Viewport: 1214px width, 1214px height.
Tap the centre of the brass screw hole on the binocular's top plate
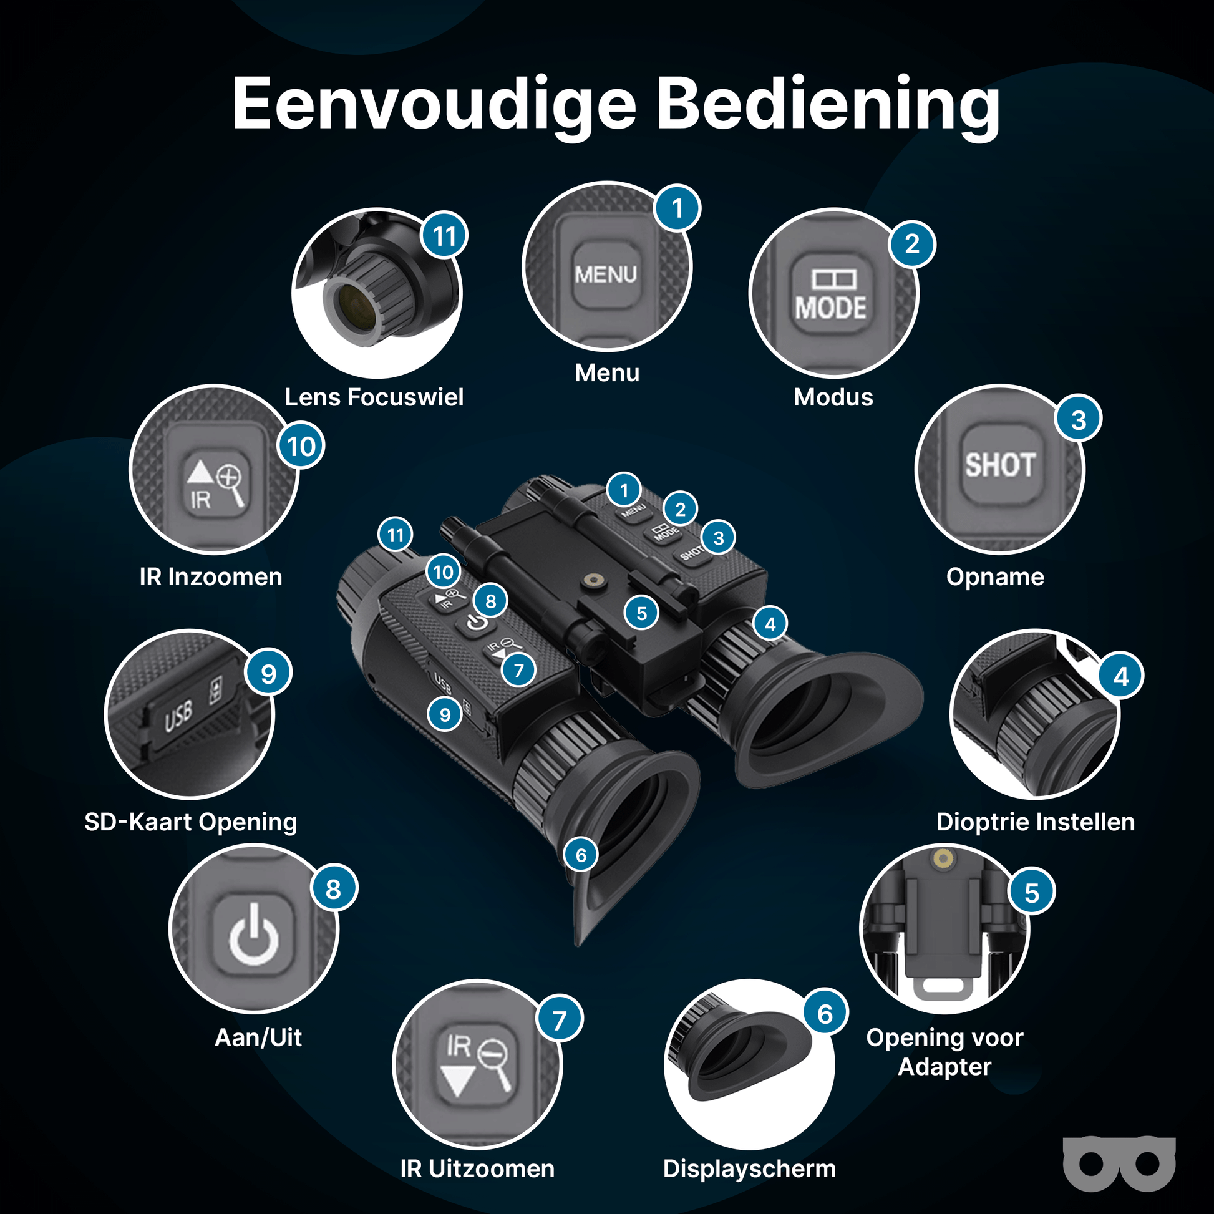(591, 581)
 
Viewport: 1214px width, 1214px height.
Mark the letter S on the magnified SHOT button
(974, 465)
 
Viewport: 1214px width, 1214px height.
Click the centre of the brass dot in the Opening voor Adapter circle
(943, 858)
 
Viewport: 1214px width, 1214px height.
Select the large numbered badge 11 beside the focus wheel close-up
(445, 236)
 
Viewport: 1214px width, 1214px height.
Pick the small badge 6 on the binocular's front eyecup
(581, 855)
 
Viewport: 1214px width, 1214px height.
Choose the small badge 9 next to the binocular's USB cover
(445, 714)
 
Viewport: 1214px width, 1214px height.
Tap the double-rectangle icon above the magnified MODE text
(834, 279)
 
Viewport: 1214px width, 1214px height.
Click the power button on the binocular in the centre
(476, 624)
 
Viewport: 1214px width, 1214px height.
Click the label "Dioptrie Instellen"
(1036, 822)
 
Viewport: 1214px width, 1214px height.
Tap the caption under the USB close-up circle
(191, 822)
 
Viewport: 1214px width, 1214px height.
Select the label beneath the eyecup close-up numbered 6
(750, 1169)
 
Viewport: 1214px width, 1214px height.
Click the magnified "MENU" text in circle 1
(606, 274)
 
